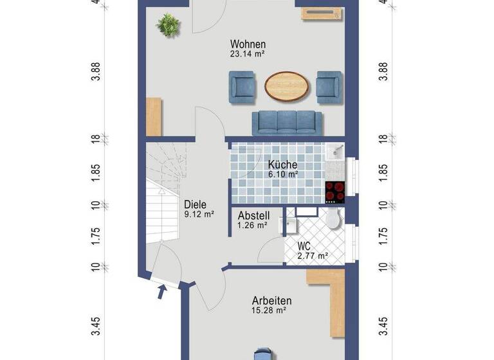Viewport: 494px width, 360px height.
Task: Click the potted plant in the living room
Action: [168, 26]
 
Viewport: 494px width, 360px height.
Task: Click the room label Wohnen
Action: [248, 44]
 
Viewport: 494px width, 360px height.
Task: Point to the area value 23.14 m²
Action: [248, 55]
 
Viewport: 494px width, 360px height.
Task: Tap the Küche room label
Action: [283, 165]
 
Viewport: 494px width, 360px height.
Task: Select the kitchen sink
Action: [335, 152]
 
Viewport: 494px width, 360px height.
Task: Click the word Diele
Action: [195, 204]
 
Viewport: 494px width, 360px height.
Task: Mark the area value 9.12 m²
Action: [198, 215]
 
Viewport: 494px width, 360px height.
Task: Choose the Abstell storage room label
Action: [253, 215]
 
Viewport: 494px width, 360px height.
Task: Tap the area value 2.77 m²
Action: [313, 256]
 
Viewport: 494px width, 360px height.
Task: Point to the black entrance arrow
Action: [162, 293]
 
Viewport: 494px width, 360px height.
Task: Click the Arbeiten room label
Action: [271, 300]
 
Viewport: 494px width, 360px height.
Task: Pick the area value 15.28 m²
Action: [269, 310]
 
